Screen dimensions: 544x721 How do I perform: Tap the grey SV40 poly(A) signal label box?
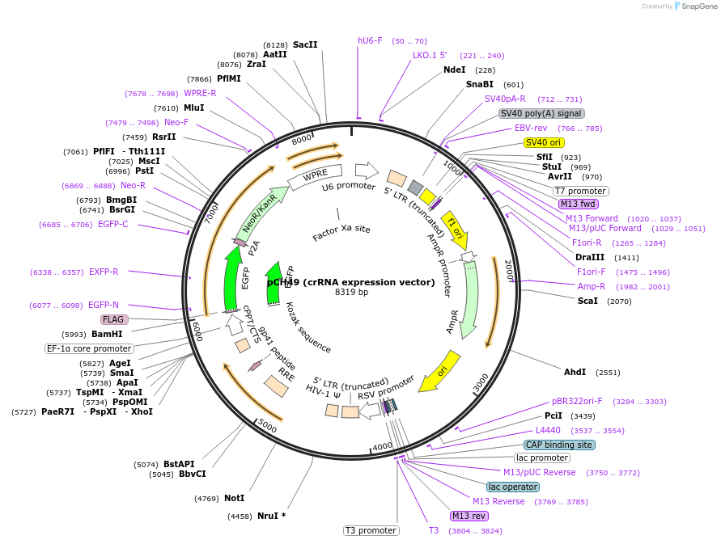[x=541, y=113]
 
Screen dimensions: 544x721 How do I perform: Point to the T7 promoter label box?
[x=581, y=191]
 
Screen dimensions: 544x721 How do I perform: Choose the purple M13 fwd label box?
[x=579, y=204]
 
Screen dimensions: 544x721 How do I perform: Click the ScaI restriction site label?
[x=587, y=301]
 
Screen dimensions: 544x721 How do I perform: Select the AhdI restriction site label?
[x=575, y=372]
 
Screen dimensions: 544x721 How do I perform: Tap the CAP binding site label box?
[x=559, y=445]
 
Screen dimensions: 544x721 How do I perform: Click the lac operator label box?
[x=513, y=487]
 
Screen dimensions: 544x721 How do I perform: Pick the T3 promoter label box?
[x=371, y=530]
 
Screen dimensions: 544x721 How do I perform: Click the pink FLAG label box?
[x=113, y=319]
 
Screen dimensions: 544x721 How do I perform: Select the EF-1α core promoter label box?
[x=89, y=348]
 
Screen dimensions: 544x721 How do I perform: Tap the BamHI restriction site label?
[x=107, y=334]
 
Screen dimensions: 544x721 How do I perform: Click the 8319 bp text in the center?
[x=351, y=292]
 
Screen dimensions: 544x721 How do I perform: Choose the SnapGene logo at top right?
[x=695, y=6]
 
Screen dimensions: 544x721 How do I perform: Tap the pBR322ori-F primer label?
[x=577, y=401]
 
